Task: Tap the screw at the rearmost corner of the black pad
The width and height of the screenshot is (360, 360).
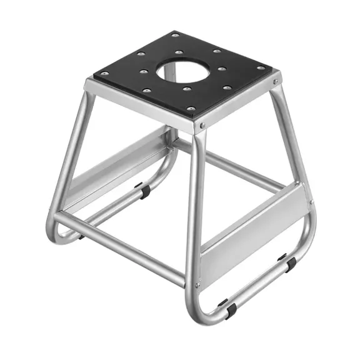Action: (175, 35)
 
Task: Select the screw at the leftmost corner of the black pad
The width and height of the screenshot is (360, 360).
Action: (104, 74)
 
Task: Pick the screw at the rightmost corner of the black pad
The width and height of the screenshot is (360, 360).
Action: (261, 68)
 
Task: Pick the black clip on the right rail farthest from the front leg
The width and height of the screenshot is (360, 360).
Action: (289, 262)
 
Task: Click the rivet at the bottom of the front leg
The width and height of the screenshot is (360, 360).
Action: (197, 285)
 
